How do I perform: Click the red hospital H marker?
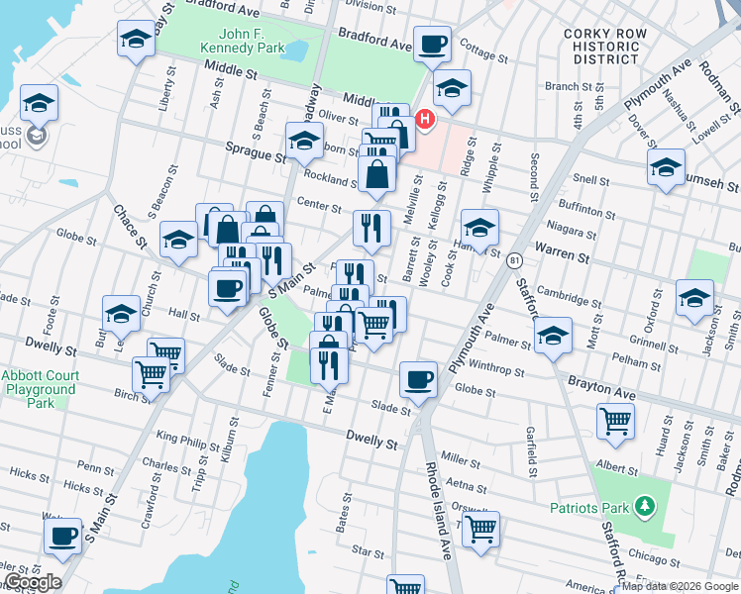pos(426,121)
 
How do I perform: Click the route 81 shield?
pos(514,260)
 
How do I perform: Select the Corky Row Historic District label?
pos(604,47)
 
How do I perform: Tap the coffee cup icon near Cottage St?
pos(432,45)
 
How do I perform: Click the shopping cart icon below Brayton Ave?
pos(615,421)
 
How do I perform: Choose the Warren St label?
pos(563,257)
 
